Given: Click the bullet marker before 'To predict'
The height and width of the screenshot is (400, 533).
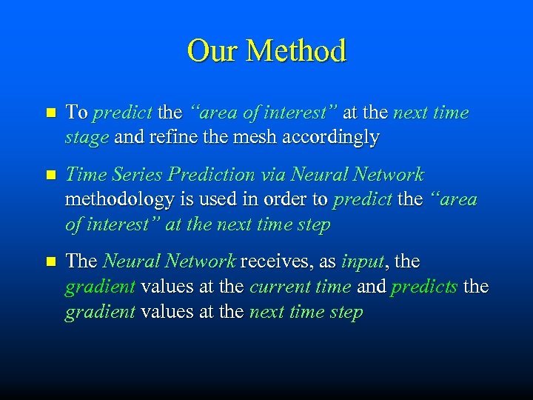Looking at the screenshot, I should click(x=50, y=113).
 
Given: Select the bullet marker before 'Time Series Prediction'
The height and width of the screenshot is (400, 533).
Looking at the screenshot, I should click(x=50, y=176).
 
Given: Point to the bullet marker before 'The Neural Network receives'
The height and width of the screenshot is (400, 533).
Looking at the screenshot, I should click(x=50, y=262).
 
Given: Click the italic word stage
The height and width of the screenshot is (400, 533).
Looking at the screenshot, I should click(x=87, y=139).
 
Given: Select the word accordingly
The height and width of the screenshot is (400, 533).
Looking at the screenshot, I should click(x=337, y=139).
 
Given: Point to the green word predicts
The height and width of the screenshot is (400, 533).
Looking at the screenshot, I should click(x=424, y=287).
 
